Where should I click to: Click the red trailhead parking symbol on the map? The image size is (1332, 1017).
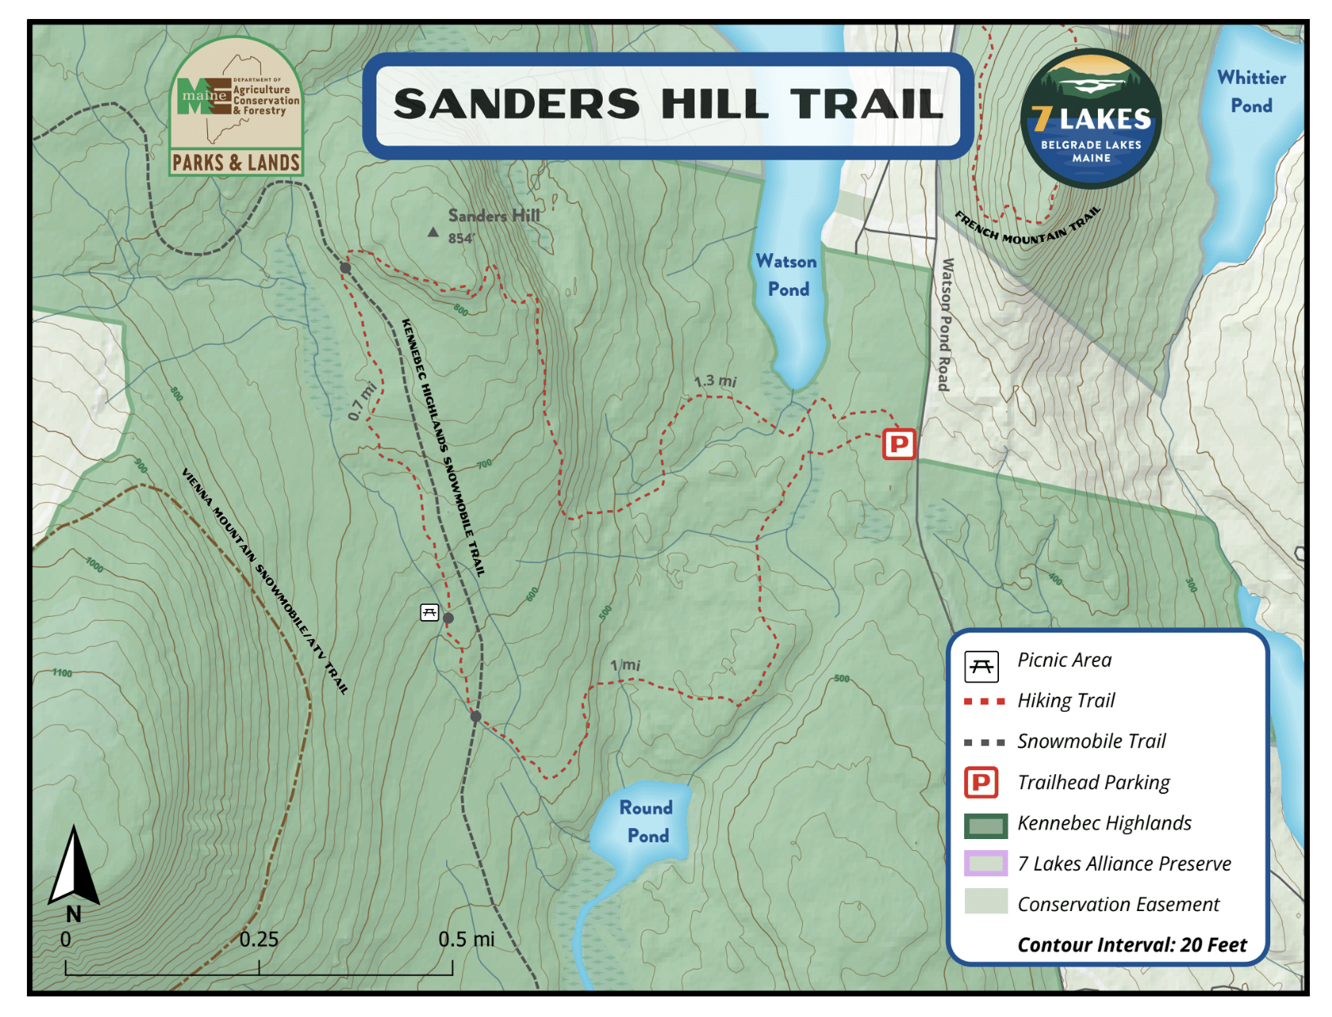tap(899, 444)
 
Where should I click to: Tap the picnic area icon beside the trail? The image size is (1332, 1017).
tap(429, 612)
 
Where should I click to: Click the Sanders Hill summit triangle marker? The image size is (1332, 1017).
tap(433, 233)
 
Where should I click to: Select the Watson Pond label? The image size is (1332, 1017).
tap(786, 275)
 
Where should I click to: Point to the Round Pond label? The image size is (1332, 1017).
tap(646, 822)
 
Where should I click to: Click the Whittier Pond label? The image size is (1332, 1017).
tap(1251, 92)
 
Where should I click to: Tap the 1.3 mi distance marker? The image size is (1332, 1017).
tap(715, 382)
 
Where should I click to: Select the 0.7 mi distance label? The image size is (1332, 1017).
tap(362, 402)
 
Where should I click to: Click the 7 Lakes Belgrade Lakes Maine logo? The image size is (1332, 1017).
tap(1091, 119)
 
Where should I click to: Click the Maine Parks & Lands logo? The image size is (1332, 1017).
tap(236, 107)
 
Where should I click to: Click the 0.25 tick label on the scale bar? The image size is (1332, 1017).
tap(259, 939)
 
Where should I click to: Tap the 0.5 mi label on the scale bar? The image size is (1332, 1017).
tap(466, 939)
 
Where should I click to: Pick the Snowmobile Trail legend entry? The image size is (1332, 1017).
tap(1091, 741)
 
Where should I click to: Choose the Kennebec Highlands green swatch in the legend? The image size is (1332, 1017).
tap(986, 825)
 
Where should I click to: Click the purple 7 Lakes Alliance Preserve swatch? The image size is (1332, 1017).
tap(986, 864)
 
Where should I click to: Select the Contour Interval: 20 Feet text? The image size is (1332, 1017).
tap(1131, 945)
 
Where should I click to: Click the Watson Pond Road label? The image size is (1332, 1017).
tap(945, 324)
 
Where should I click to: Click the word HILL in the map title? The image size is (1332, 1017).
tap(714, 104)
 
